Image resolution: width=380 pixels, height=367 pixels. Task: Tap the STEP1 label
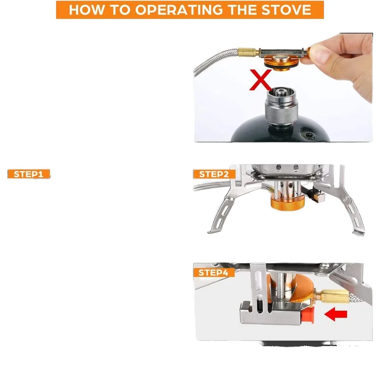click(28, 174)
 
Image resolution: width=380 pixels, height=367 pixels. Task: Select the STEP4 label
click(213, 272)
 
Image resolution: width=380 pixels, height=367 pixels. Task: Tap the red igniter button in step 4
click(310, 314)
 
